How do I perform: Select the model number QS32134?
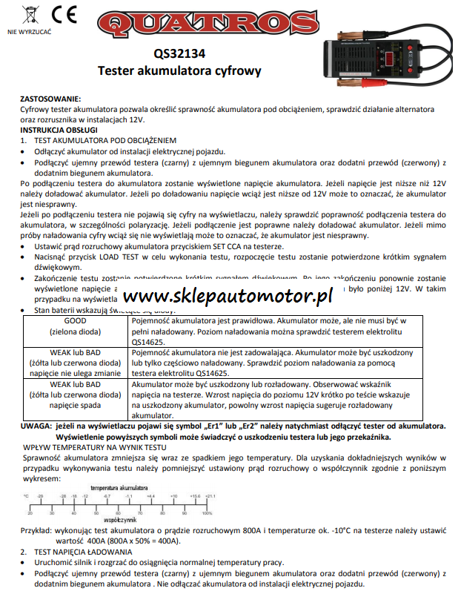tap(179, 53)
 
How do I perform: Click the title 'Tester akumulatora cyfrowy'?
tap(180, 70)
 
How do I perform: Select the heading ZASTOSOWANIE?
tap(50, 99)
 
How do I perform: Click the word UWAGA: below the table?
tap(36, 428)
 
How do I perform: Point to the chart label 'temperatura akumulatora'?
tap(122, 487)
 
